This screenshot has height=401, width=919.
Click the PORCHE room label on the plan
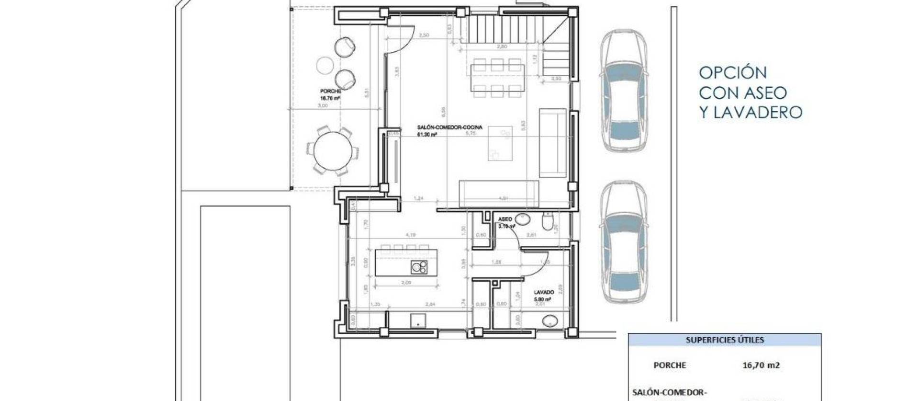[x=330, y=91]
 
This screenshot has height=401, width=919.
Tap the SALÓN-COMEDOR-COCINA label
[x=449, y=127]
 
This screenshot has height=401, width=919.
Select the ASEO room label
[x=505, y=219]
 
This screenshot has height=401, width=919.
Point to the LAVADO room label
[x=544, y=292]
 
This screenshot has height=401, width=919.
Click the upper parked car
[x=624, y=91]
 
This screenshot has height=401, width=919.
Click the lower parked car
[x=624, y=243]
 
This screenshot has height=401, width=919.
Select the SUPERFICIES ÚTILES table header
[x=725, y=340]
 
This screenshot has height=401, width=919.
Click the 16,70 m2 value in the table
[x=761, y=365]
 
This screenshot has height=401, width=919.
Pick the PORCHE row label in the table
[x=670, y=365]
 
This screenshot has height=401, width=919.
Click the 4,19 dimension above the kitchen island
[x=410, y=235]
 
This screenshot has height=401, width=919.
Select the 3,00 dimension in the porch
[x=323, y=106]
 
